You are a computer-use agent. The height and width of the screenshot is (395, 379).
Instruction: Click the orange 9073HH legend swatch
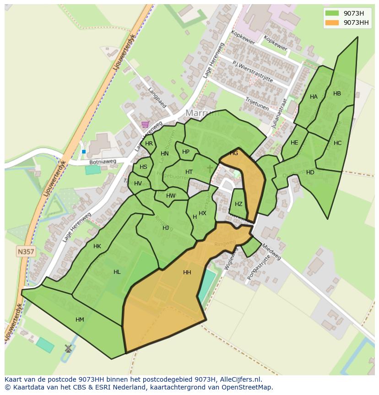[332, 22]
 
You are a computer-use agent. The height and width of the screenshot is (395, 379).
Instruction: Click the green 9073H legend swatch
[332, 13]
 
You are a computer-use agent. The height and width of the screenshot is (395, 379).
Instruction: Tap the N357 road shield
[26, 251]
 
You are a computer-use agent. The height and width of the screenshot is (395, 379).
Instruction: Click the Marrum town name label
[203, 113]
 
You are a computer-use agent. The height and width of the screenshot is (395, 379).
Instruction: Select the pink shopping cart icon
[145, 124]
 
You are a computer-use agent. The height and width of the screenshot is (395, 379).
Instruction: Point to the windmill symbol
[68, 348]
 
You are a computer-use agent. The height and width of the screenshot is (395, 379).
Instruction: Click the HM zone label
[80, 320]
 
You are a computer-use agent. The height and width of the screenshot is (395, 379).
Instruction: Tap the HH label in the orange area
[187, 273]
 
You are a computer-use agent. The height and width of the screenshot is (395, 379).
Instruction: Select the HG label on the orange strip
[234, 153]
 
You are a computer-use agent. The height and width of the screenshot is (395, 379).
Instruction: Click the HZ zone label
[238, 204]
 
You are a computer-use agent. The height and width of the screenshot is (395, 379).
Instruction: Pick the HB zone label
[337, 94]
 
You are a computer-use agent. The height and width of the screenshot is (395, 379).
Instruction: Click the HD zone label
[310, 172]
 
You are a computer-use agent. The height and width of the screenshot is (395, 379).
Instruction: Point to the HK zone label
[97, 246]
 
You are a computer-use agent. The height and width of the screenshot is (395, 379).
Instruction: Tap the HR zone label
[149, 144]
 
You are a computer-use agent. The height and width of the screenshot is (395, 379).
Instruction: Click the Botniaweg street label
[103, 162]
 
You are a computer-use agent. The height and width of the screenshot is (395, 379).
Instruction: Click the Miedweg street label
[271, 251]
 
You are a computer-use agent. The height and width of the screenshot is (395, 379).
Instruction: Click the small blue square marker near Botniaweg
[84, 151]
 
